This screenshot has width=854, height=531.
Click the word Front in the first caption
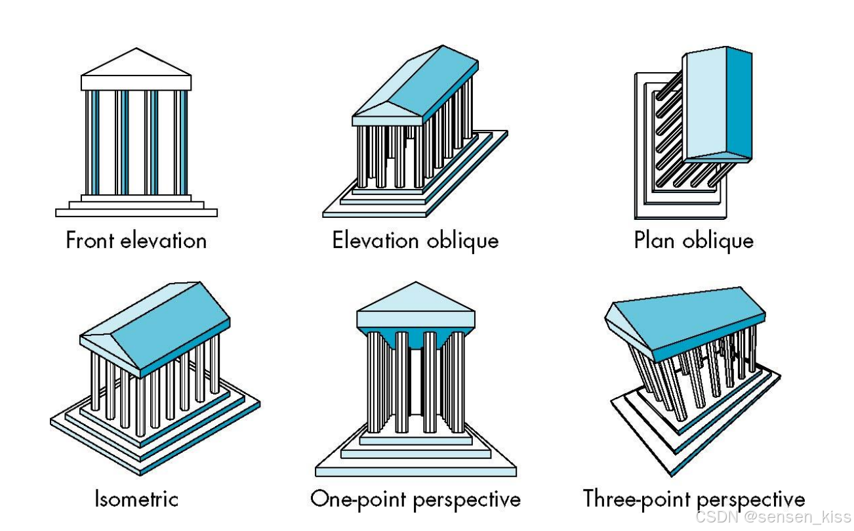pos(90,240)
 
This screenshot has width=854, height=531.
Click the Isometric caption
pos(136,499)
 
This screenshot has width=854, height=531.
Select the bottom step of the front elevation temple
pos(136,213)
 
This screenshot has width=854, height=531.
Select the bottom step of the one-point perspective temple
pos(416,471)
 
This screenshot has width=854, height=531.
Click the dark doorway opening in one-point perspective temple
pos(416,381)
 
